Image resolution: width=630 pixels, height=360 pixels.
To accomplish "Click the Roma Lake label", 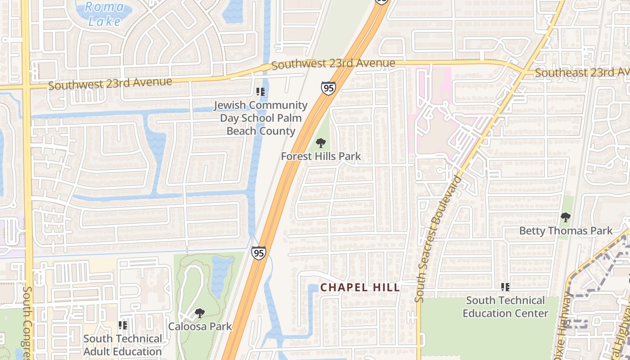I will (104, 14).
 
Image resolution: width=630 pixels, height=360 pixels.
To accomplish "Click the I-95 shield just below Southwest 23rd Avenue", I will (328, 88).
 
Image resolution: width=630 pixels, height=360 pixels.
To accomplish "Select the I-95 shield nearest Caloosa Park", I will (258, 253).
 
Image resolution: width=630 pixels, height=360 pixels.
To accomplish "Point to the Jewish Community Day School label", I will (261, 118).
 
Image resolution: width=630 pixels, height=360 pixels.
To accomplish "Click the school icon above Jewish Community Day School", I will (261, 92).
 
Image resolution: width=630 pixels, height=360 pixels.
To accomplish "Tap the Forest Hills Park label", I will (321, 156).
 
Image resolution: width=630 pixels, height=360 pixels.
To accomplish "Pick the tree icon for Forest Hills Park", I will (321, 144).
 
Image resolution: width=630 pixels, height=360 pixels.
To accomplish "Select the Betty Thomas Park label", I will (566, 231).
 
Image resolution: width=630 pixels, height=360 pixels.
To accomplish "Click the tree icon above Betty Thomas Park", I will (566, 218).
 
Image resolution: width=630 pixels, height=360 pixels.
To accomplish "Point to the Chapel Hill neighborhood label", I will (360, 287).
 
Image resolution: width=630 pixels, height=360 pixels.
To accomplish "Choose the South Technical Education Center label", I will (505, 306).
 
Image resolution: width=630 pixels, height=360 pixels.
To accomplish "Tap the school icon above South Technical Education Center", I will (505, 287).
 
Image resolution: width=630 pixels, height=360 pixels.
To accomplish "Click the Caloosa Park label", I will (200, 326).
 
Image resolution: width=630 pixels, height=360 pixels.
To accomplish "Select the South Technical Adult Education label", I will (123, 345).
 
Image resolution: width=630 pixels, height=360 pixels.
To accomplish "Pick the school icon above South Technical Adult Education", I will (123, 325).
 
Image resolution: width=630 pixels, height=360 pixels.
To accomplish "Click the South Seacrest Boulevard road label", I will (438, 238).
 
